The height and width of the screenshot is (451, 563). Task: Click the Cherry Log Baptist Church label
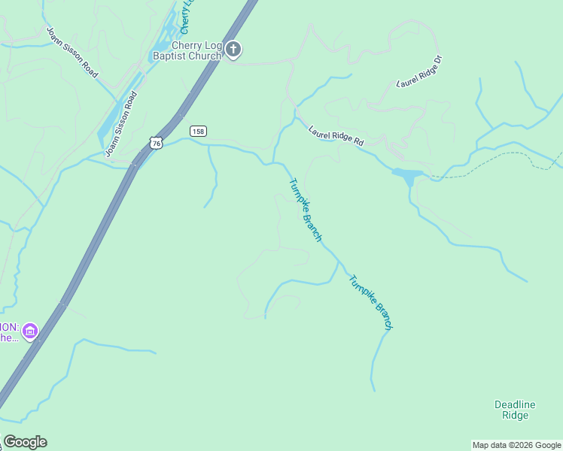point(187,50)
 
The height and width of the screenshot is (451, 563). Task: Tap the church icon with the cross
point(233,50)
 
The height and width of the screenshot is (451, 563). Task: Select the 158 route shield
point(197,131)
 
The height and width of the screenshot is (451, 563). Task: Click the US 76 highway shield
point(156,142)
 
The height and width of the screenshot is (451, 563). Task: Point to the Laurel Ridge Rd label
point(336,135)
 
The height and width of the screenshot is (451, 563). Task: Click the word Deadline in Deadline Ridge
point(515,404)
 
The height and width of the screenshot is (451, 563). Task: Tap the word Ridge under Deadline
point(515,416)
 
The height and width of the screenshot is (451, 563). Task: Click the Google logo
point(25,442)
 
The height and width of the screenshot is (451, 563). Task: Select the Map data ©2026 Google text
point(516,445)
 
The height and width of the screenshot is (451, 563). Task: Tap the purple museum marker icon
point(30,331)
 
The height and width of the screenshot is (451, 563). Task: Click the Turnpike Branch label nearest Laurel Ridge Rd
point(306,210)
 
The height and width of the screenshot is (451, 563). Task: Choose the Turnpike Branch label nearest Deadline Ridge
point(370,302)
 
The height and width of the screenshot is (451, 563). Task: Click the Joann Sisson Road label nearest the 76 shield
point(121,124)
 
